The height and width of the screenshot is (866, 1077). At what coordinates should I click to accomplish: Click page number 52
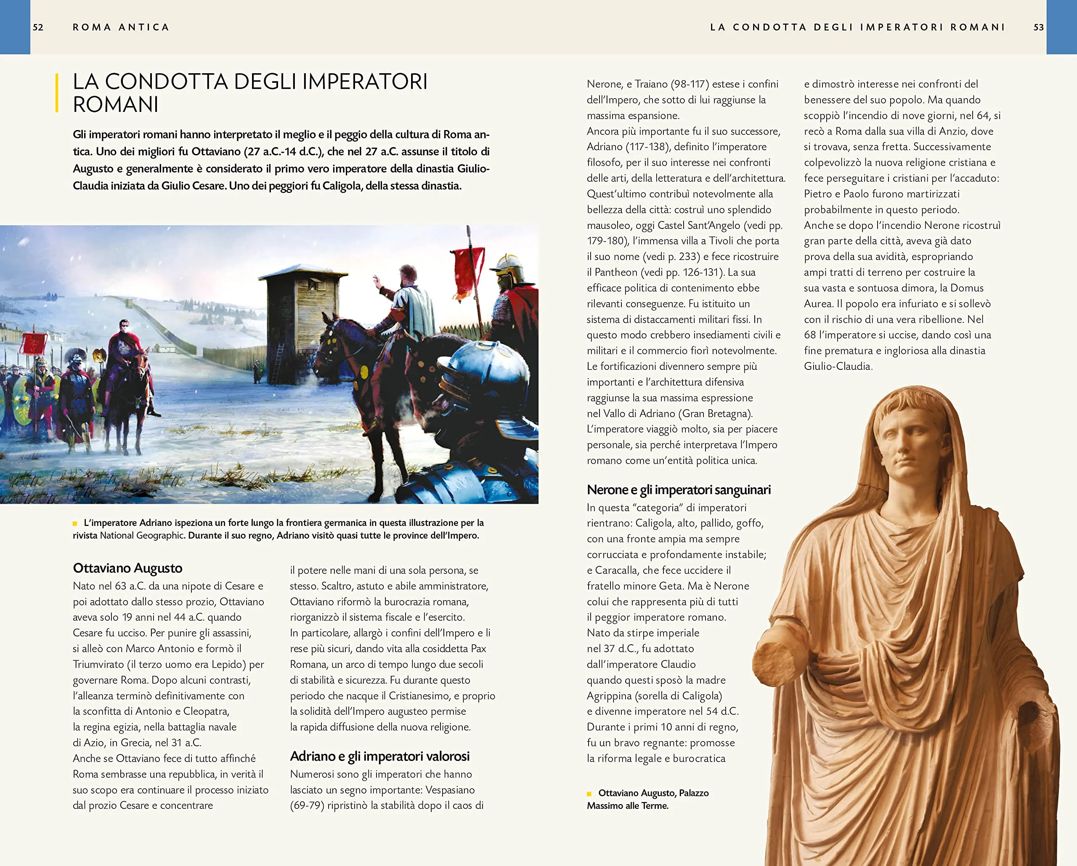pos(38,27)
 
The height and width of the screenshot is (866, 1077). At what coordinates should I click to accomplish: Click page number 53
pos(1039,27)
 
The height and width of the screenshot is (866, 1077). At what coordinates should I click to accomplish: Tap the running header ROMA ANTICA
pos(121,27)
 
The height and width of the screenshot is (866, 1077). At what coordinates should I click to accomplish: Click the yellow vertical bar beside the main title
pos(57,93)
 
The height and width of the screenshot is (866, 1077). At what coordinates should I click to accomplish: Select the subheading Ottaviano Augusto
pos(127,568)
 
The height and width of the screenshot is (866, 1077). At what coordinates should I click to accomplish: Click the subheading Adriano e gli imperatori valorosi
pos(379,756)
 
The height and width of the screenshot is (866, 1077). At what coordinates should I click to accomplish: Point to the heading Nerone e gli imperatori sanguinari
pos(678,490)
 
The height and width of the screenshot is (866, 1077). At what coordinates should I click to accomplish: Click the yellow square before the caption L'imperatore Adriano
pos(75,523)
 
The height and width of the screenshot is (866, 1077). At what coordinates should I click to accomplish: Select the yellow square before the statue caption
pos(589,794)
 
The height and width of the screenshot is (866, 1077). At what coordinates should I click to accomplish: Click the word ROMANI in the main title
pos(115,105)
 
